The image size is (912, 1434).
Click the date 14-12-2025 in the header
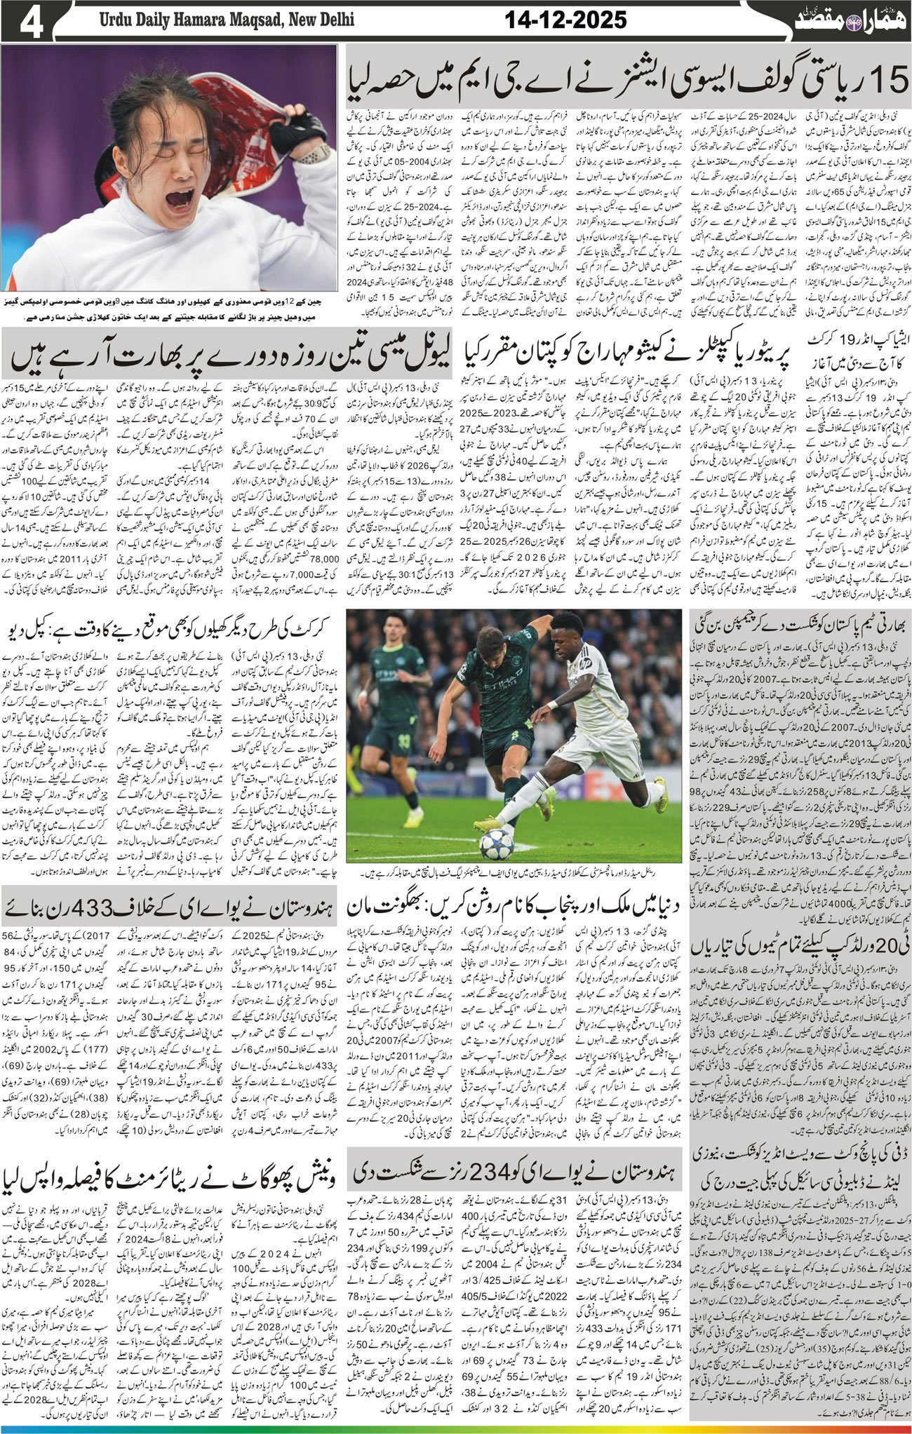565,20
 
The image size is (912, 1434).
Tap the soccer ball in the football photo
497,844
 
